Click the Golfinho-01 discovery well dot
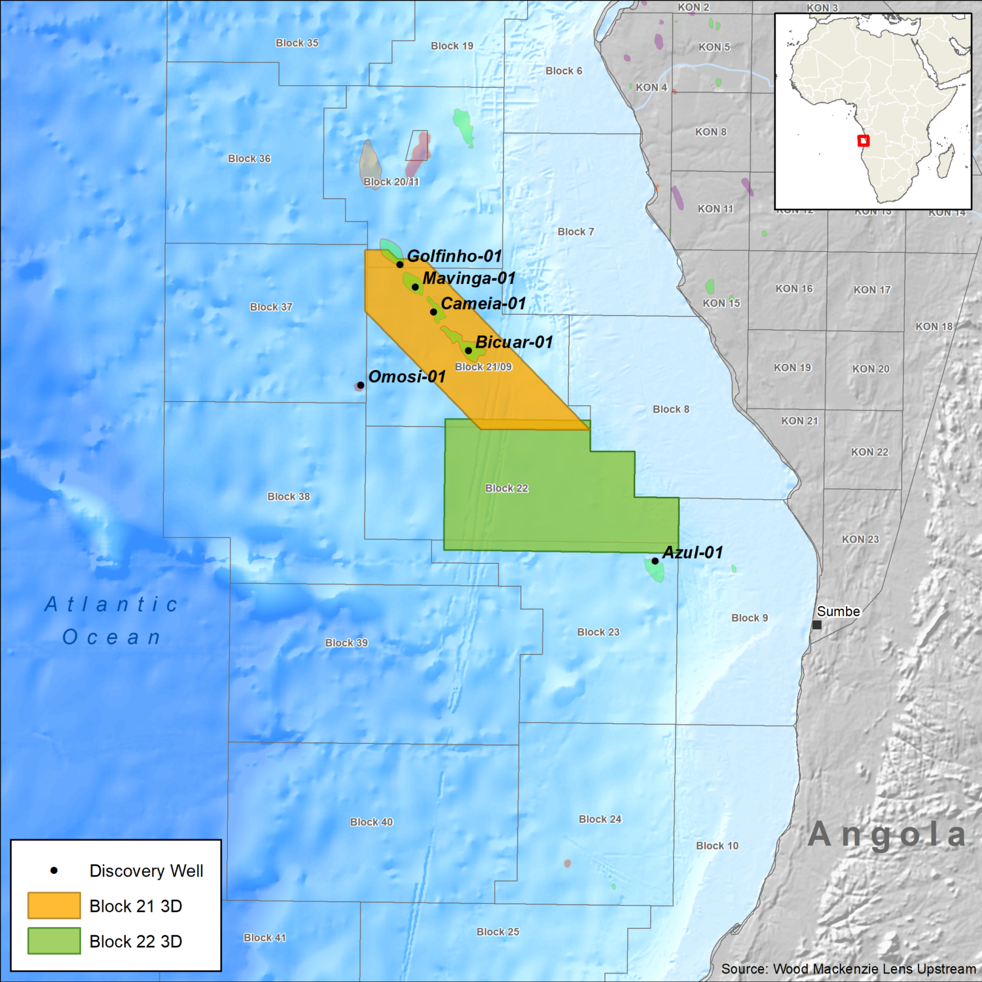click(399, 264)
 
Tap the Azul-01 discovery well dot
click(655, 561)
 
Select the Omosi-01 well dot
click(361, 385)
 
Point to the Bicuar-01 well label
click(514, 342)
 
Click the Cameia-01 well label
click(483, 303)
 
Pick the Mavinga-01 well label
click(469, 278)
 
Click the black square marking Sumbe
click(816, 625)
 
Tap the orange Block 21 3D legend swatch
click(54, 905)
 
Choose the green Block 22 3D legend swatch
click(54, 941)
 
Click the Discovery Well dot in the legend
click(54, 871)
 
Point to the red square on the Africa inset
click(863, 141)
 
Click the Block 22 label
click(506, 488)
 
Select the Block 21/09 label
click(483, 367)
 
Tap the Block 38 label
click(289, 496)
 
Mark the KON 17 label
click(872, 290)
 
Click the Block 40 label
click(371, 822)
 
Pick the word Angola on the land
click(887, 835)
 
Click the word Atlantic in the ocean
click(111, 604)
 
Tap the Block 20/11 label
click(391, 182)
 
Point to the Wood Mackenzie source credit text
click(848, 969)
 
